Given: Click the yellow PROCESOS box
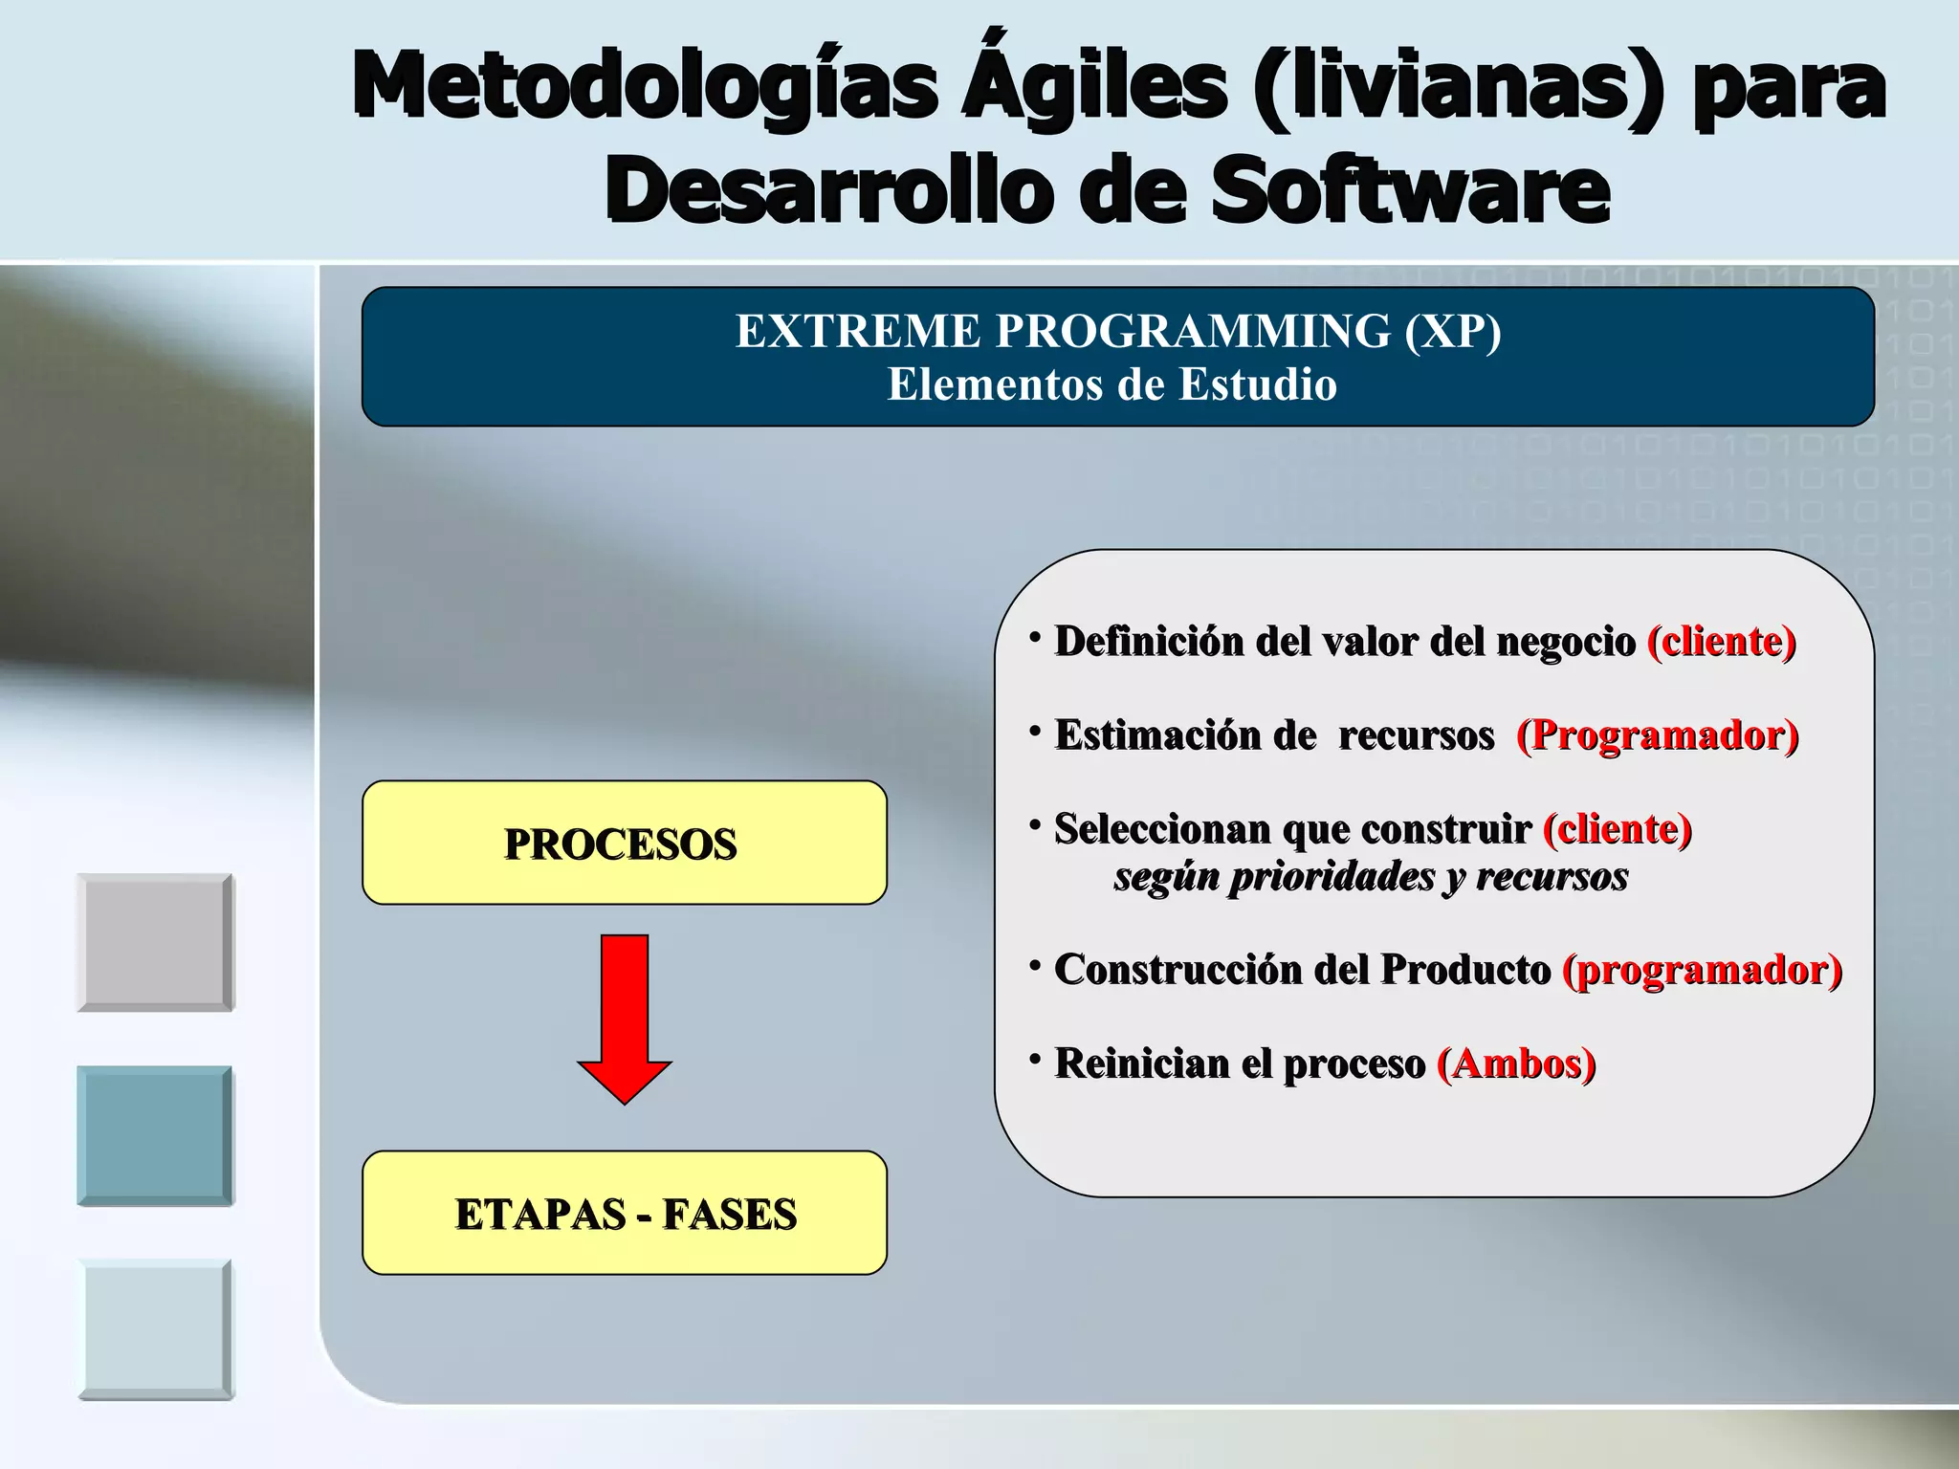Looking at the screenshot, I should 624,843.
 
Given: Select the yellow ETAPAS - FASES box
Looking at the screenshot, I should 624,1213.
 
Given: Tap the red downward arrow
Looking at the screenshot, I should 625,1019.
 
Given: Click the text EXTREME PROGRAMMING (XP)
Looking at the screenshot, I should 1117,331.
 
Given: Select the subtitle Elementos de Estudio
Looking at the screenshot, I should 1112,384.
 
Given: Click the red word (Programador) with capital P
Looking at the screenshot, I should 1657,734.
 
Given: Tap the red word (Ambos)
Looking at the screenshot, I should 1516,1063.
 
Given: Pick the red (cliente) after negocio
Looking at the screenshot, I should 1721,641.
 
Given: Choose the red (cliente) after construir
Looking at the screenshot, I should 1617,828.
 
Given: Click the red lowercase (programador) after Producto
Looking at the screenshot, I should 1702,970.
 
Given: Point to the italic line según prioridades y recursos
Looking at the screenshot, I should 1370,876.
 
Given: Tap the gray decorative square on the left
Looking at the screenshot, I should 155,942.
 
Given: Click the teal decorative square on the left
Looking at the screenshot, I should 155,1135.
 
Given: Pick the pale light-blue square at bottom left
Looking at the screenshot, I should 155,1329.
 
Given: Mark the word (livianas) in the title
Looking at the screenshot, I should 1457,86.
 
